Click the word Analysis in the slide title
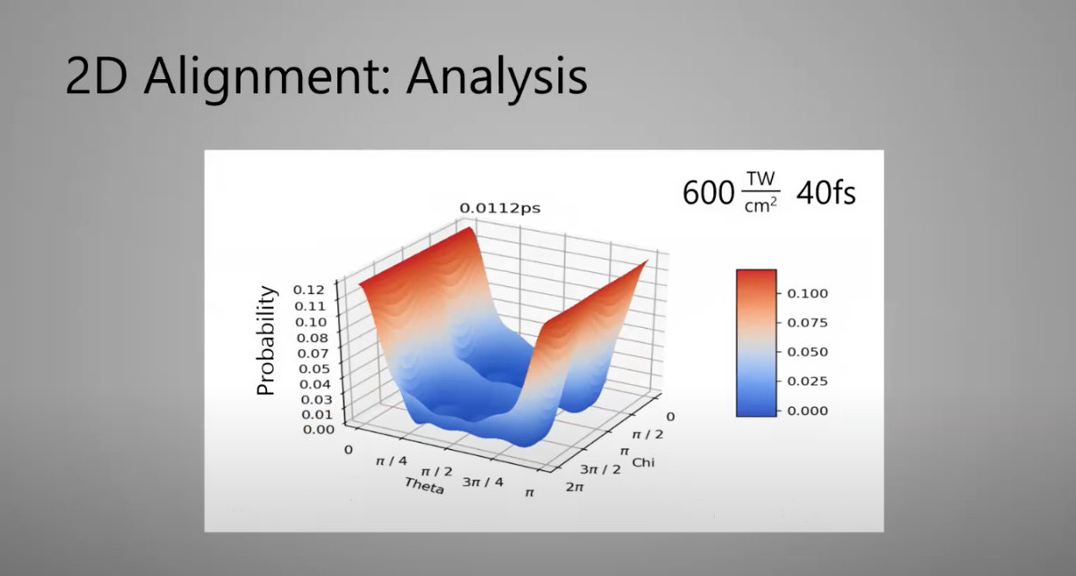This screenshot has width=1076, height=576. point(497,76)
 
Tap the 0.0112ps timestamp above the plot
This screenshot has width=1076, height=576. point(500,208)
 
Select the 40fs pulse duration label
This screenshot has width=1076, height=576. point(826,194)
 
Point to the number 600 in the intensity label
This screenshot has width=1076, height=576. point(709,194)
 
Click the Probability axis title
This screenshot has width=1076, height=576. point(266,340)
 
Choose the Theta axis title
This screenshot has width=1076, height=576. point(423,485)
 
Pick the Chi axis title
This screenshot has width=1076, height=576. point(643,462)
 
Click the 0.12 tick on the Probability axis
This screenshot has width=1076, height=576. point(309,290)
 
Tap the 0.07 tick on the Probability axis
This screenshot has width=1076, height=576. point(313,354)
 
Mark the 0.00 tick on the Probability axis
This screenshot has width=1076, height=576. point(318,429)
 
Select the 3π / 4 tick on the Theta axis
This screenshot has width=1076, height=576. point(483,482)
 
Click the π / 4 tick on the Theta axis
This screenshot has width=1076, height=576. point(391,461)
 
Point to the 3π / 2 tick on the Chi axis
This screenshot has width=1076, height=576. point(600,469)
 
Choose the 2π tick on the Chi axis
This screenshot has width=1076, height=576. point(574,487)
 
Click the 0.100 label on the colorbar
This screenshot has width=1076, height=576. point(807,293)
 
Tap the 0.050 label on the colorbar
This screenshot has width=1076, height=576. point(807,352)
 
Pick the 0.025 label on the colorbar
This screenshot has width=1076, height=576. point(807,381)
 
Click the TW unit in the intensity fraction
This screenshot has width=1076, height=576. point(761,179)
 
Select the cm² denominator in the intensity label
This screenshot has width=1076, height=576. point(761,205)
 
